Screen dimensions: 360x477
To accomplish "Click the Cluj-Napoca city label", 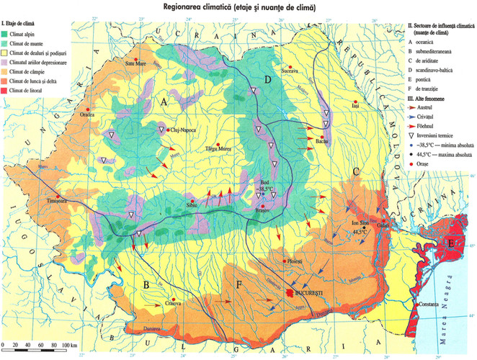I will pyautogui.click(x=184, y=130).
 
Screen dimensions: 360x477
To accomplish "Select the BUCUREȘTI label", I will pyautogui.click(x=311, y=294).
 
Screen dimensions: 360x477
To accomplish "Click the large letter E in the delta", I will pyautogui.click(x=451, y=246).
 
